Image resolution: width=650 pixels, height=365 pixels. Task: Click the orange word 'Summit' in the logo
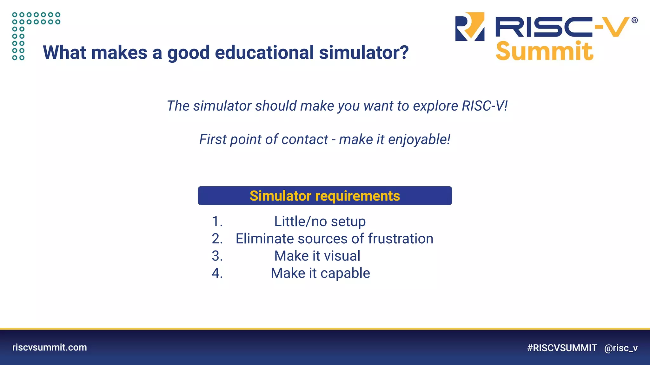click(x=544, y=51)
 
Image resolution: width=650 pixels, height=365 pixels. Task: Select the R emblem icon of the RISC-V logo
click(x=470, y=27)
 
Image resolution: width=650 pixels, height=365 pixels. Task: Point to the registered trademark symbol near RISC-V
click(x=634, y=21)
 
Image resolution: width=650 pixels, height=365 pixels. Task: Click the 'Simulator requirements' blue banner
click(x=325, y=196)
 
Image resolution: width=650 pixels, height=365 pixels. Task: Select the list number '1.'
click(x=217, y=221)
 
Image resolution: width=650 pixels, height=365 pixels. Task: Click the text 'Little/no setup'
click(x=320, y=221)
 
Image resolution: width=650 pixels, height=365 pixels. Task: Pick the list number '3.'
click(x=217, y=256)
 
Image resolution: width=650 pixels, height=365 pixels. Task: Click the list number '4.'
click(x=217, y=273)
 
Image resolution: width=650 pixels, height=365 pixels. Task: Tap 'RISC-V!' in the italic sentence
click(x=484, y=106)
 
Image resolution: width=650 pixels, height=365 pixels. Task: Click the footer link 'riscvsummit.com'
click(x=50, y=347)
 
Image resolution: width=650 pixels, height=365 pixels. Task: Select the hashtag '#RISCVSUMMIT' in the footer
click(x=562, y=348)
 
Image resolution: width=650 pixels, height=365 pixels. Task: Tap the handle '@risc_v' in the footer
click(x=621, y=348)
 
